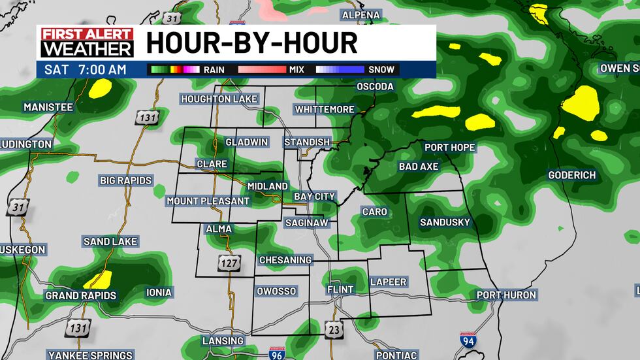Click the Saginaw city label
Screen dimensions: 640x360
click(x=306, y=223)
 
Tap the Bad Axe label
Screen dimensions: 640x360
click(x=419, y=167)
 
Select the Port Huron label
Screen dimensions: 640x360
click(x=506, y=295)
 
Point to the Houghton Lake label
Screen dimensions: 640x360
click(x=219, y=99)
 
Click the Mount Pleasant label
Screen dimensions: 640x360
click(x=208, y=201)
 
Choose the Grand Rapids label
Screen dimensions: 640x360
click(x=80, y=295)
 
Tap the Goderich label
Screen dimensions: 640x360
click(x=572, y=175)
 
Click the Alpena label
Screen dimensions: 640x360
click(x=360, y=15)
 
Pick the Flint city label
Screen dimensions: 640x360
click(x=340, y=289)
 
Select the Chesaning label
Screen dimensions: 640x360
click(x=285, y=260)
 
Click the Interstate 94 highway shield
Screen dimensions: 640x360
click(x=468, y=340)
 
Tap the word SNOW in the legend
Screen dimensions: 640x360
click(x=381, y=69)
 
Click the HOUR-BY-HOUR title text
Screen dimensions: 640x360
click(x=251, y=43)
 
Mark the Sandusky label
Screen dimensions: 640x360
click(x=445, y=222)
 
